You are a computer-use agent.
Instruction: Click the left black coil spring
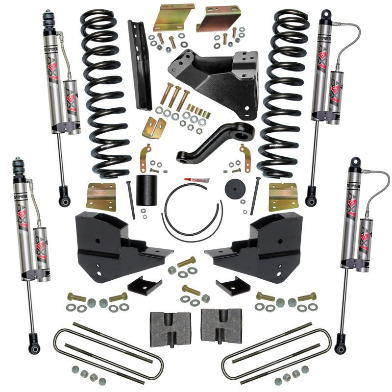coord(105,93)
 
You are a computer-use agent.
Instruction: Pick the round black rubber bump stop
coord(234,190)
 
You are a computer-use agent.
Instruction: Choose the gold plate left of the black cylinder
coord(101,196)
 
